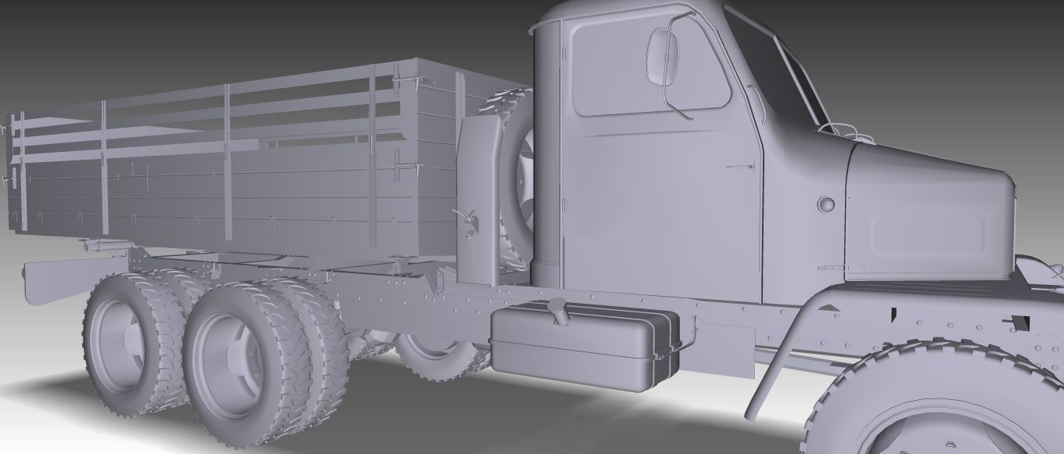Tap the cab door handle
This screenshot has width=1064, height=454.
(x=739, y=167)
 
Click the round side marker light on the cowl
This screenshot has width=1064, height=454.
(x=825, y=205)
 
